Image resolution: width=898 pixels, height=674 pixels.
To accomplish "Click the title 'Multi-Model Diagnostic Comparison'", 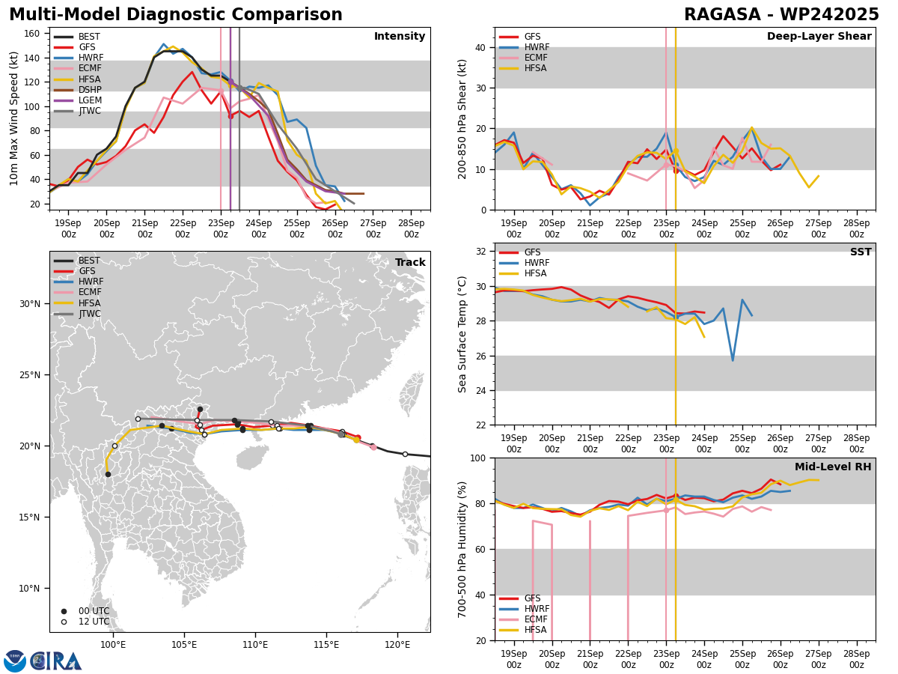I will tap(176, 15).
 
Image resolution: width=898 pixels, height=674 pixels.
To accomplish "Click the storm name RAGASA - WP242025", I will tap(781, 15).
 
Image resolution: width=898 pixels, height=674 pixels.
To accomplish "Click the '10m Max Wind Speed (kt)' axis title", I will tap(14, 118).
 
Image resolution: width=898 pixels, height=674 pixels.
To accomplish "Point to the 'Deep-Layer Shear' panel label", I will tap(819, 37).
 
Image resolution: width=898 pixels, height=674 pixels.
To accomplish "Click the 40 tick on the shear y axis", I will tap(480, 47).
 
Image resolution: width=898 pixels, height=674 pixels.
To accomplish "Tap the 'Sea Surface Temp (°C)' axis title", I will tap(462, 334).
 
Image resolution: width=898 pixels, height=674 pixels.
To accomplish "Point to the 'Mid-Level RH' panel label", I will tap(830, 467).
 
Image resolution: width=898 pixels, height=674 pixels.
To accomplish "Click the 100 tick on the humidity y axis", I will tap(477, 458).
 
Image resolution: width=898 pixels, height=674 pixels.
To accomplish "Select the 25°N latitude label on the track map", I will tap(31, 375).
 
